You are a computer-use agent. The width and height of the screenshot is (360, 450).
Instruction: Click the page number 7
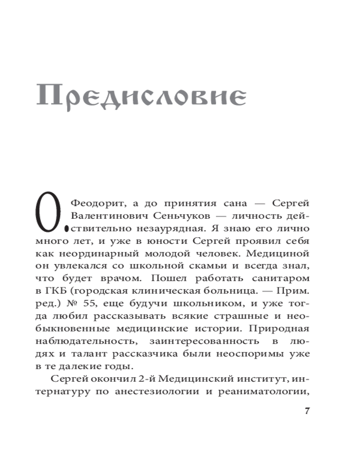(308, 411)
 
